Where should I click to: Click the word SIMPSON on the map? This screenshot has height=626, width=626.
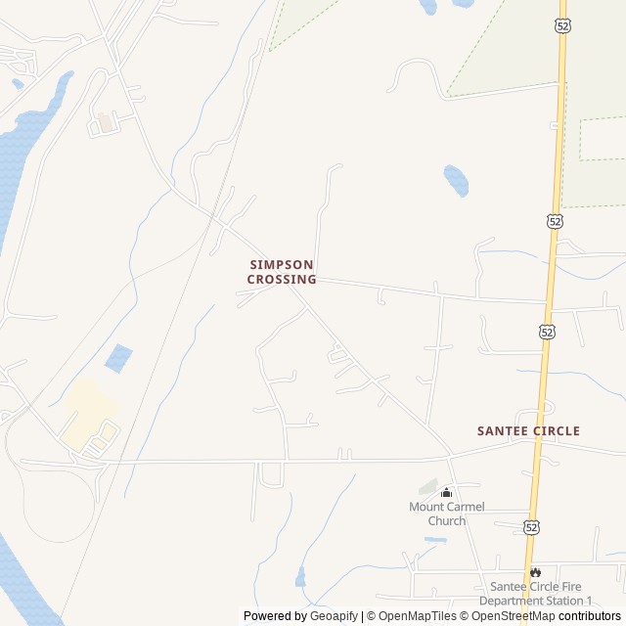click(x=282, y=264)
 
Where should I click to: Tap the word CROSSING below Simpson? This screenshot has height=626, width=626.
click(x=282, y=279)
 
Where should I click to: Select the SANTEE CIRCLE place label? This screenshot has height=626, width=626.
click(x=528, y=430)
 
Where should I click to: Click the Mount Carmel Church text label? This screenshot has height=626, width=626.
click(x=446, y=507)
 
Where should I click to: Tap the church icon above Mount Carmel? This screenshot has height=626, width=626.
click(x=447, y=492)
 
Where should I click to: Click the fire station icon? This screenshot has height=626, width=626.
click(x=535, y=572)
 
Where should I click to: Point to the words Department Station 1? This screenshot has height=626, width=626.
click(x=535, y=601)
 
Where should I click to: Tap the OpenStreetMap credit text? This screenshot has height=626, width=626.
click(x=514, y=616)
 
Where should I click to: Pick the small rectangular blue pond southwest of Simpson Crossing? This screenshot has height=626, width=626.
click(x=118, y=358)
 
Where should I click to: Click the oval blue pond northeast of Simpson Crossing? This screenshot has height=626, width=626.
click(x=456, y=179)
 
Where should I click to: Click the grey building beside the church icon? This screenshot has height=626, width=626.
click(x=428, y=486)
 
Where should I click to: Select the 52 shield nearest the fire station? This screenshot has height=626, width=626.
click(x=531, y=527)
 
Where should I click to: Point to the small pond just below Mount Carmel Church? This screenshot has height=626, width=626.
click(x=435, y=539)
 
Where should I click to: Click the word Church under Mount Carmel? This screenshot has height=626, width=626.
click(x=446, y=520)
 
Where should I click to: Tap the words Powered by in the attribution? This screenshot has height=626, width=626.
click(x=274, y=616)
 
